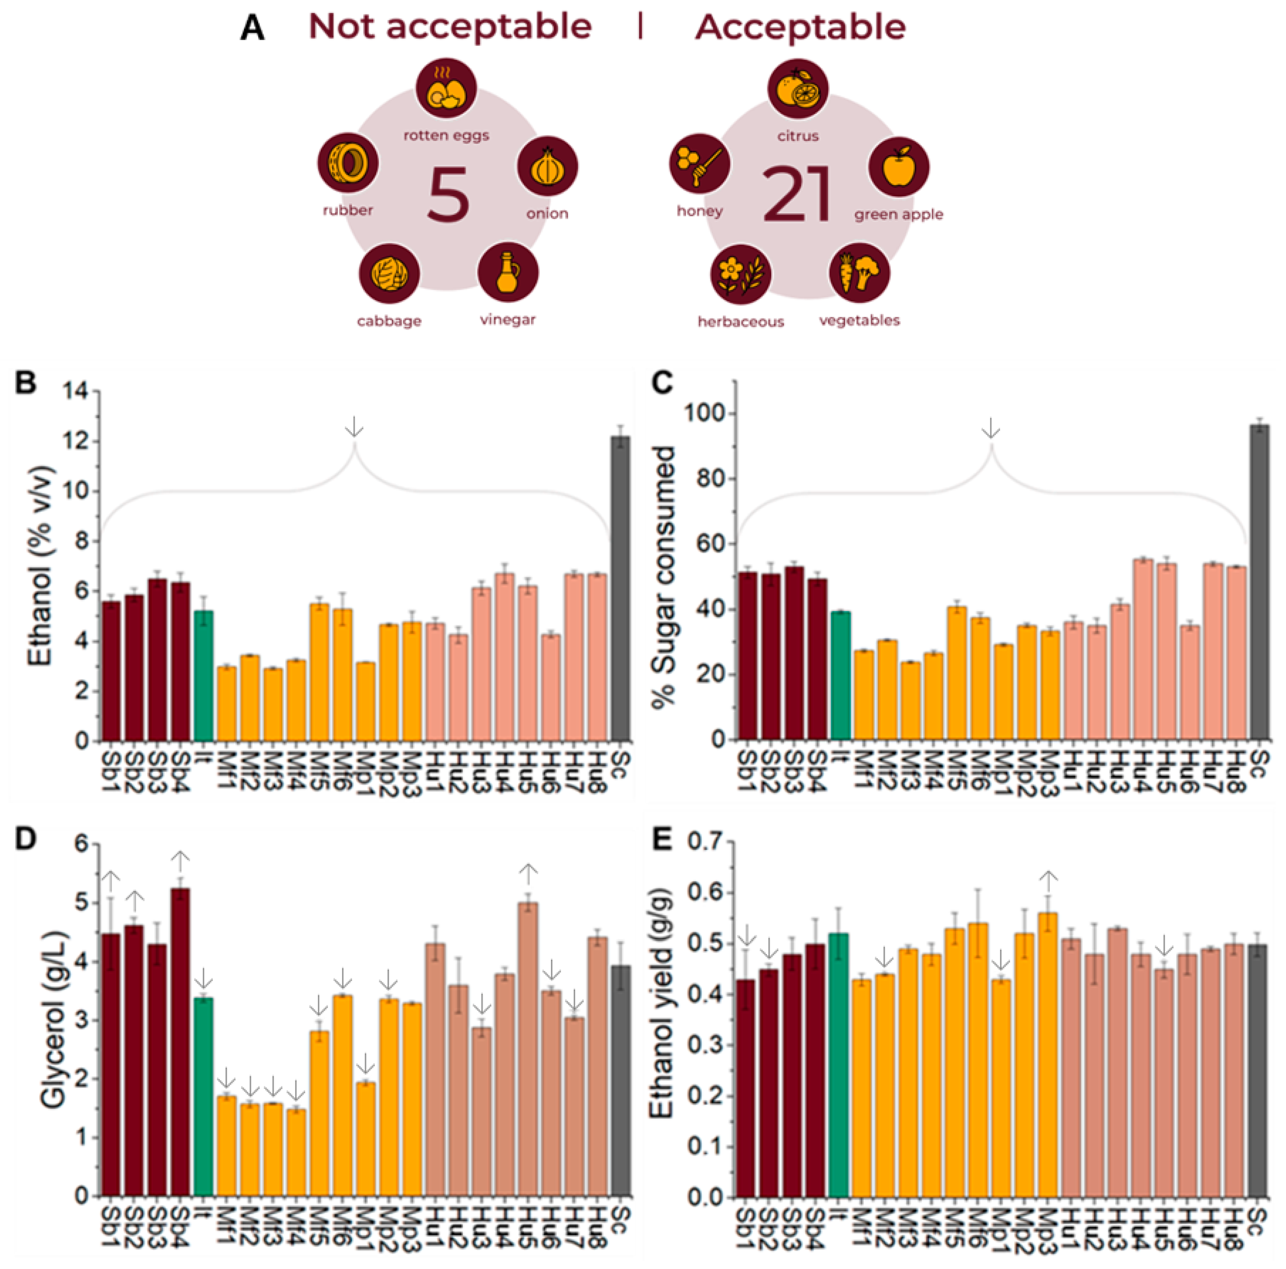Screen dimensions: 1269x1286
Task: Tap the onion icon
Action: click(547, 166)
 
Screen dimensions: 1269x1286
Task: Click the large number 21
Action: click(797, 194)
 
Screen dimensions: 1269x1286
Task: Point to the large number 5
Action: click(448, 194)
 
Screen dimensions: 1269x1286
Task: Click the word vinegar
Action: click(507, 319)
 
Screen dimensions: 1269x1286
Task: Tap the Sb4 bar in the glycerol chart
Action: click(180, 1041)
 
